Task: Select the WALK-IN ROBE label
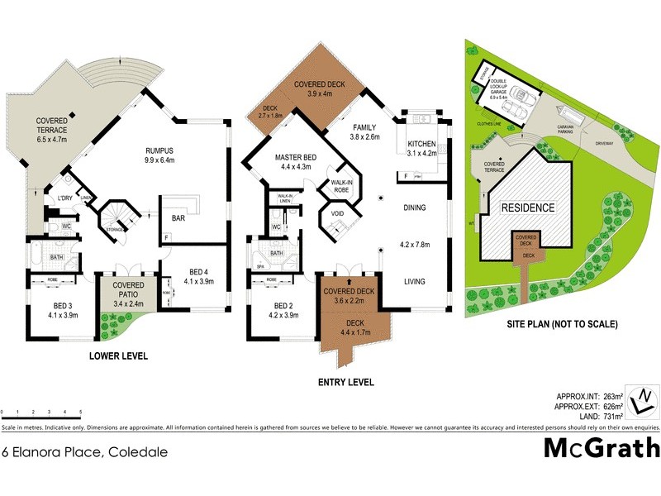(342, 186)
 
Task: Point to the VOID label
(337, 213)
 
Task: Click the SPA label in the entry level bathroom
(259, 267)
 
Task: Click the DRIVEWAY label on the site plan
(602, 144)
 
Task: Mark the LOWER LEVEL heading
(119, 356)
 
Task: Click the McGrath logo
(602, 447)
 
